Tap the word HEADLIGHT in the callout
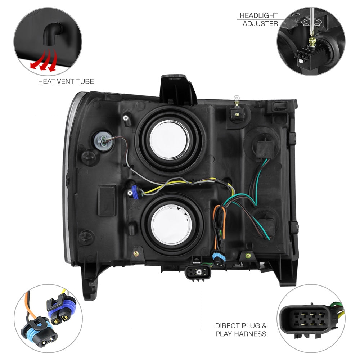coord(259,15)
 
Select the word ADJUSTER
coord(260,23)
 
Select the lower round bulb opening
coord(171,225)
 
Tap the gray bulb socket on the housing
coord(103,141)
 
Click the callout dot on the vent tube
coord(126,118)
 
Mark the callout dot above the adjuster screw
coord(237,98)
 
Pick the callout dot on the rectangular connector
coord(199,272)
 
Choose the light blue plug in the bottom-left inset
coord(39,330)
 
